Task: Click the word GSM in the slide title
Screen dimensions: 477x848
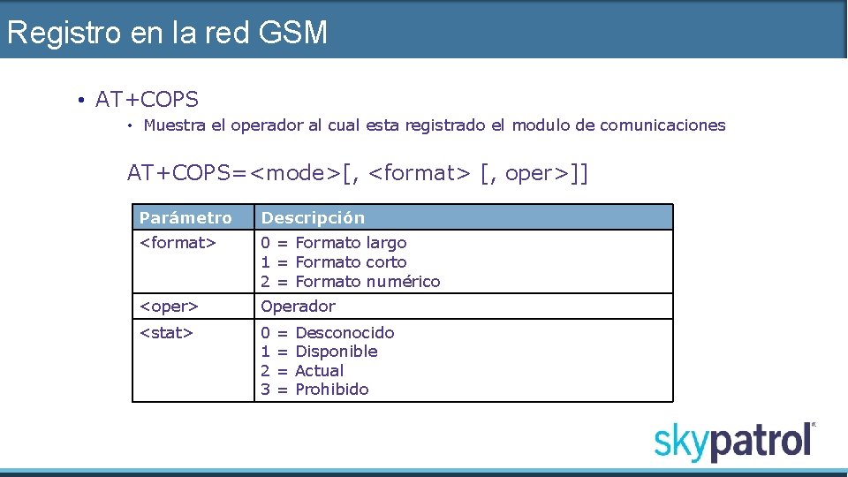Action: click(x=293, y=34)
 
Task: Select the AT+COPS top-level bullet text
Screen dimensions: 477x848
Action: click(x=147, y=100)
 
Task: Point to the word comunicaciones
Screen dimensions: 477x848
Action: click(x=662, y=125)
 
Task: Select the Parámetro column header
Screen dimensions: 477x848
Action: click(x=185, y=218)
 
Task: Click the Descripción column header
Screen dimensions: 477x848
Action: click(x=314, y=218)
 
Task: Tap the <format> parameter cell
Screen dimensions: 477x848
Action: click(x=178, y=242)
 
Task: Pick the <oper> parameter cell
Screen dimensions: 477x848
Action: click(x=169, y=307)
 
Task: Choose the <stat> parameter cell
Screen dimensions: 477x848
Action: click(x=166, y=333)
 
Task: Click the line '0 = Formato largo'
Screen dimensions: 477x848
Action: click(x=334, y=242)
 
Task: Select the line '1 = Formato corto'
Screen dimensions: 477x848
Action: click(x=334, y=262)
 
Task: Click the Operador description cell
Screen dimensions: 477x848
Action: click(x=299, y=307)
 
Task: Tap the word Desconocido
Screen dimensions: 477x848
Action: click(x=344, y=333)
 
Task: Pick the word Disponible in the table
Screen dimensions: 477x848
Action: click(x=337, y=352)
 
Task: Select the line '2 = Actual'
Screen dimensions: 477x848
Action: click(x=302, y=371)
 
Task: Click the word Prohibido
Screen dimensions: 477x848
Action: click(x=332, y=390)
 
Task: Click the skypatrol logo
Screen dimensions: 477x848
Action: click(x=734, y=441)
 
